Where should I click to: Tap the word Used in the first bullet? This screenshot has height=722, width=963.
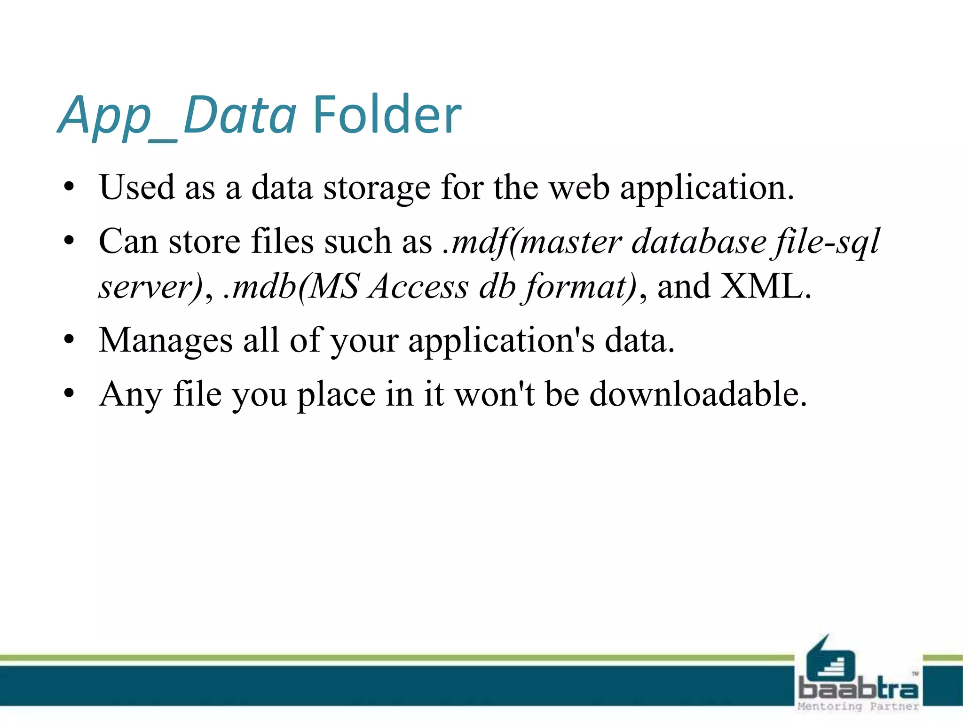[137, 188]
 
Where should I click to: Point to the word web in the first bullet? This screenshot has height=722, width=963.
[579, 188]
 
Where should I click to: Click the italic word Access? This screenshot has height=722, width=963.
[418, 286]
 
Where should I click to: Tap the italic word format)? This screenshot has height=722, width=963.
[581, 287]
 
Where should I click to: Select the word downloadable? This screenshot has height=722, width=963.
[698, 394]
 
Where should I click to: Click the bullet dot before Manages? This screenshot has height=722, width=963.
[70, 339]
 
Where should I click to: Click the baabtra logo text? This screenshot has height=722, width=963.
[858, 689]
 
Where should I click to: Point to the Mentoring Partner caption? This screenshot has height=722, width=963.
[858, 706]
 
